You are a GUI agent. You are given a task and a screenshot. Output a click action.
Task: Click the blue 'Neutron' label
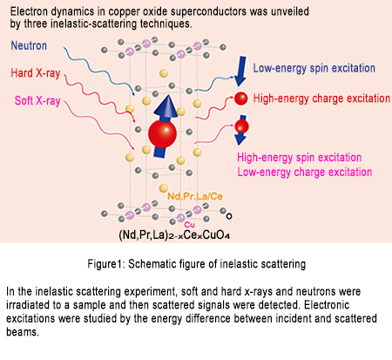[29, 45]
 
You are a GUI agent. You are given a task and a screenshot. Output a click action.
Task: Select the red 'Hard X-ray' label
[36, 73]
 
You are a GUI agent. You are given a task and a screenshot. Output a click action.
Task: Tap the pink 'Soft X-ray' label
[37, 100]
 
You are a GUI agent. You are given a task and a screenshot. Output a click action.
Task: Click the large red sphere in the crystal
[162, 133]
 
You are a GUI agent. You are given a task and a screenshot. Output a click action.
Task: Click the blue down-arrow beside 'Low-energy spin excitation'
[240, 71]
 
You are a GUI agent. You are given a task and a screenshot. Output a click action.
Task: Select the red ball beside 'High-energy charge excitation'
[240, 98]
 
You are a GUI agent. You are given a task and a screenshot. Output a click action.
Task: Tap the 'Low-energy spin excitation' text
[314, 68]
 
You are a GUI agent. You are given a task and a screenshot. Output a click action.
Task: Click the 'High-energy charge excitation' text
[321, 98]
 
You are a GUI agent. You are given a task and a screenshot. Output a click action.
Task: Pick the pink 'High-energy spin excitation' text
[299, 158]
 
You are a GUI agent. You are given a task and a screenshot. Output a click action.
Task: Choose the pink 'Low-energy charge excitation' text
[305, 172]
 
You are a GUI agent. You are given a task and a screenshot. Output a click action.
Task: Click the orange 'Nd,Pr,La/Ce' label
[195, 196]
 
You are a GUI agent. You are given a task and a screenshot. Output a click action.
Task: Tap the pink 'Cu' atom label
[189, 225]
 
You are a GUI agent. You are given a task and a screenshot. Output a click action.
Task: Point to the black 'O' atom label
[229, 216]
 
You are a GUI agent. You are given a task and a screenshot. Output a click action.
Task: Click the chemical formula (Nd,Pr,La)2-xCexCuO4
[174, 234]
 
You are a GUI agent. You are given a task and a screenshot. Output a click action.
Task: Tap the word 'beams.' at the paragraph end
[23, 331]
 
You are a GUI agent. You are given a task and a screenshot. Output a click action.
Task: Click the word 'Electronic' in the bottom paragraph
[327, 305]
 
